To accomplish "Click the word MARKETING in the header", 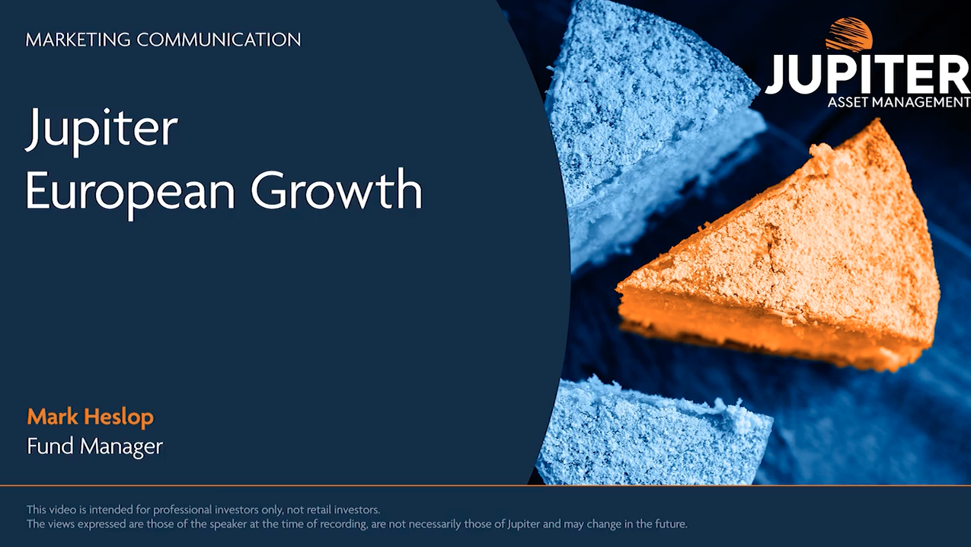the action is point(78,40).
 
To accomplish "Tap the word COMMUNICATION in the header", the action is point(219,40).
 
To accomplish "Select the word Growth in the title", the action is point(337,189).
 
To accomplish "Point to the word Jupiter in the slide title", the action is point(102,130).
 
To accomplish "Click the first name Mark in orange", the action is point(53,417).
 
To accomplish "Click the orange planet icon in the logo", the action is point(848,35).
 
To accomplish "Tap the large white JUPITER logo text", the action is point(867,74).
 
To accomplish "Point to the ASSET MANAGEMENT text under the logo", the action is point(899,102).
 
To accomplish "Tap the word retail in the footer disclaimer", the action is point(318,509).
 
